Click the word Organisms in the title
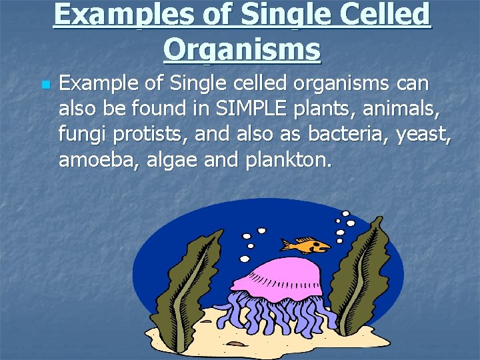click(241, 49)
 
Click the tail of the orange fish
click(285, 244)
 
